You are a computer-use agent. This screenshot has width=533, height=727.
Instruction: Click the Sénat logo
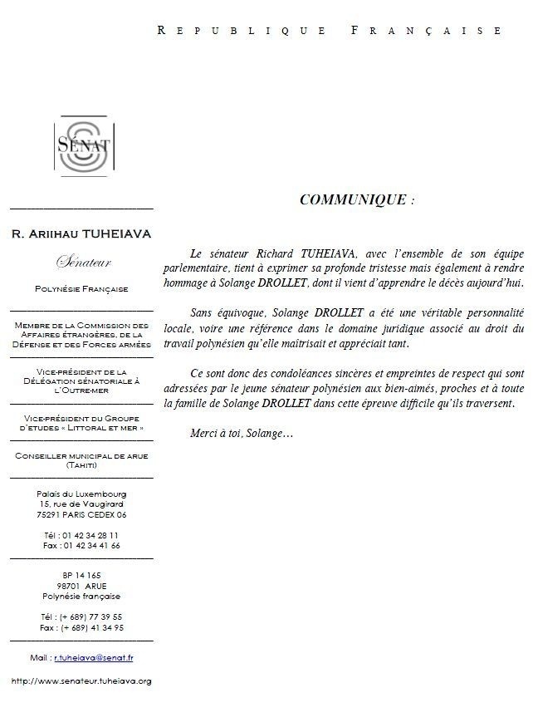pyautogui.click(x=81, y=148)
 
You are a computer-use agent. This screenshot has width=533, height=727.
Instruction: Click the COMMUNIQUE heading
pyautogui.click(x=353, y=200)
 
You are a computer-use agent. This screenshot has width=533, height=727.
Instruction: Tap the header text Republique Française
pyautogui.click(x=330, y=31)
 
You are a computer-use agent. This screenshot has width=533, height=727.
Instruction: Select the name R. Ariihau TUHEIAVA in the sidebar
pyautogui.click(x=81, y=233)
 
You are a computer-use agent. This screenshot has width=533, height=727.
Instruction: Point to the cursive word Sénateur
pyautogui.click(x=81, y=263)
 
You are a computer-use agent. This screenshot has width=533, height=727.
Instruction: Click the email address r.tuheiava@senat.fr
pyautogui.click(x=94, y=657)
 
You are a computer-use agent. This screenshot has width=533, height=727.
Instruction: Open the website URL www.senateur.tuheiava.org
pyautogui.click(x=81, y=681)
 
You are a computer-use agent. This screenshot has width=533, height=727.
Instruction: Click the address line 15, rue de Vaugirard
pyautogui.click(x=81, y=504)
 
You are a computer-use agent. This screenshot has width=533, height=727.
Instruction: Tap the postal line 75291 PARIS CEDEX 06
pyautogui.click(x=81, y=514)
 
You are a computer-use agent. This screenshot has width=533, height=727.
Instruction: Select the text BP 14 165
pyautogui.click(x=81, y=575)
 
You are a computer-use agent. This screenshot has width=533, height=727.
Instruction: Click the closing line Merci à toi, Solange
pyautogui.click(x=242, y=435)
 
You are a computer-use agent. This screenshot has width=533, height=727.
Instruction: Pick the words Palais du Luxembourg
pyautogui.click(x=81, y=494)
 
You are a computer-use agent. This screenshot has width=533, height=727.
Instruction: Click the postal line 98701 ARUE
pyautogui.click(x=81, y=586)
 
